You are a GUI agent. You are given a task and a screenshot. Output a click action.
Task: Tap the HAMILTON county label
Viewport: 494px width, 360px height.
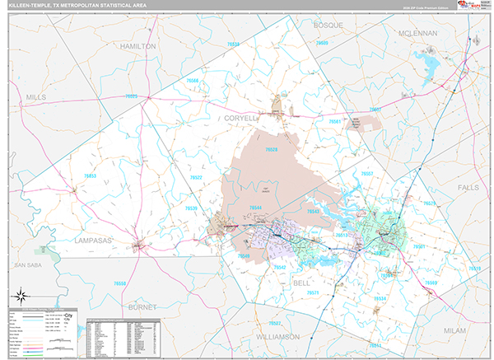point(137,47)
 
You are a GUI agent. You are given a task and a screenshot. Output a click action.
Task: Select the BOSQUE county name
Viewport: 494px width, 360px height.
point(328,26)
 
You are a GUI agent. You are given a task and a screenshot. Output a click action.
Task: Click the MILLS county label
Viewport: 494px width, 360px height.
point(37,97)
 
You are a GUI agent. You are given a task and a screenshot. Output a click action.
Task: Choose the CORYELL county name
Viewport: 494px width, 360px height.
point(240,119)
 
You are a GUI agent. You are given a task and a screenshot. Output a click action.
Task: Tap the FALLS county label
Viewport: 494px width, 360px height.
point(468,188)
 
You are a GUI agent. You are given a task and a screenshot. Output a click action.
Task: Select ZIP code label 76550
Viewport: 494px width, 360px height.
point(120,283)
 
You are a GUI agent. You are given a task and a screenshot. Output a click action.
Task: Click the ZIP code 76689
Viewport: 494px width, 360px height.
point(432,283)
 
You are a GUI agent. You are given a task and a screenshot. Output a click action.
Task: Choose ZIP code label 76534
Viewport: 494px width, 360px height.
point(380,298)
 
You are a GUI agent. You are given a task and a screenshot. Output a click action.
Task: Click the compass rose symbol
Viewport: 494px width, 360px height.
point(21,295)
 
